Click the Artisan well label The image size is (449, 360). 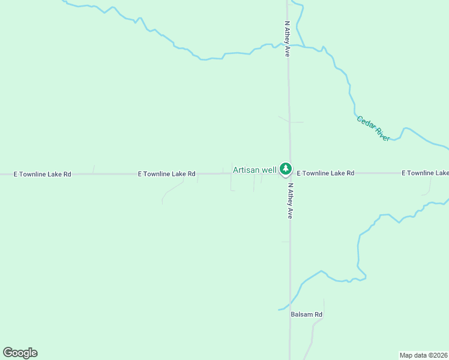pos(255,170)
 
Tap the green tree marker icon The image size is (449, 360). pos(286,169)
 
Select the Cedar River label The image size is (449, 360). pos(373,128)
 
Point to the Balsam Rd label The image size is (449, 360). pos(306,314)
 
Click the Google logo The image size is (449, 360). pos(20,353)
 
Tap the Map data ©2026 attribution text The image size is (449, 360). pos(424,355)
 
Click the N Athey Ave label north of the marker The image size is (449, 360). pos(288,39)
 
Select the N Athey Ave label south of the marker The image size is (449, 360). pos(289,200)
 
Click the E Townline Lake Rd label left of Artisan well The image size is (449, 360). pos(166,174)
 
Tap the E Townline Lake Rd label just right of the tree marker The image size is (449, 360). pos(325,173)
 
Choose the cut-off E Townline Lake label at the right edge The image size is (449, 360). pos(425,173)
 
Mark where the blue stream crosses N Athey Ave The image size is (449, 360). pos(289,45)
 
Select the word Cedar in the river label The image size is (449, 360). pos(366,122)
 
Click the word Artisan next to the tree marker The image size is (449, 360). pos(246,170)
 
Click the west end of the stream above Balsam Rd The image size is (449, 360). pos(280,310)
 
